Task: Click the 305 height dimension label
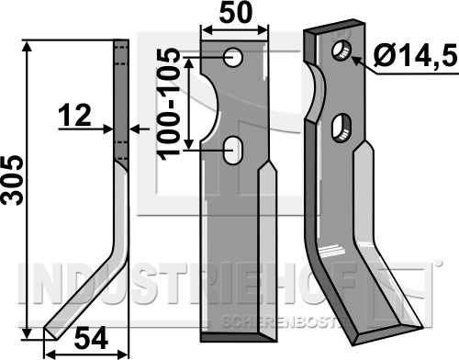(12, 180)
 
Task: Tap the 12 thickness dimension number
(75, 115)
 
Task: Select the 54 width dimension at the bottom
(92, 338)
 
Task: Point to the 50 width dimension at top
(236, 13)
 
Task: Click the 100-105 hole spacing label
(168, 104)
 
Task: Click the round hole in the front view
(233, 57)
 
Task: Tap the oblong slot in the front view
(233, 151)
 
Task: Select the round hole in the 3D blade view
(342, 51)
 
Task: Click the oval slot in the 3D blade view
(341, 128)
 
